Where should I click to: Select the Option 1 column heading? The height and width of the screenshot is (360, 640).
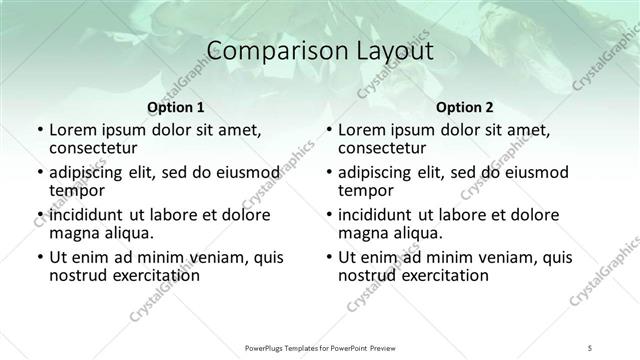[176, 107]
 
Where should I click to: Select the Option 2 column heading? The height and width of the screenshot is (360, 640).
[465, 107]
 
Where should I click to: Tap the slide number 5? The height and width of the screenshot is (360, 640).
[591, 346]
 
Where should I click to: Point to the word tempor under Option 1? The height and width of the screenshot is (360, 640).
[77, 190]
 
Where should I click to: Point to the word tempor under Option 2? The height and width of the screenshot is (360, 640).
[366, 190]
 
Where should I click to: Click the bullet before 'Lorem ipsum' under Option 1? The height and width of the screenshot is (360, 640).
[39, 130]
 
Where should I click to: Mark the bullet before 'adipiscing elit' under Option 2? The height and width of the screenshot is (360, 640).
[329, 173]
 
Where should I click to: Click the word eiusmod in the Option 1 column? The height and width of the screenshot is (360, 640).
[240, 172]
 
